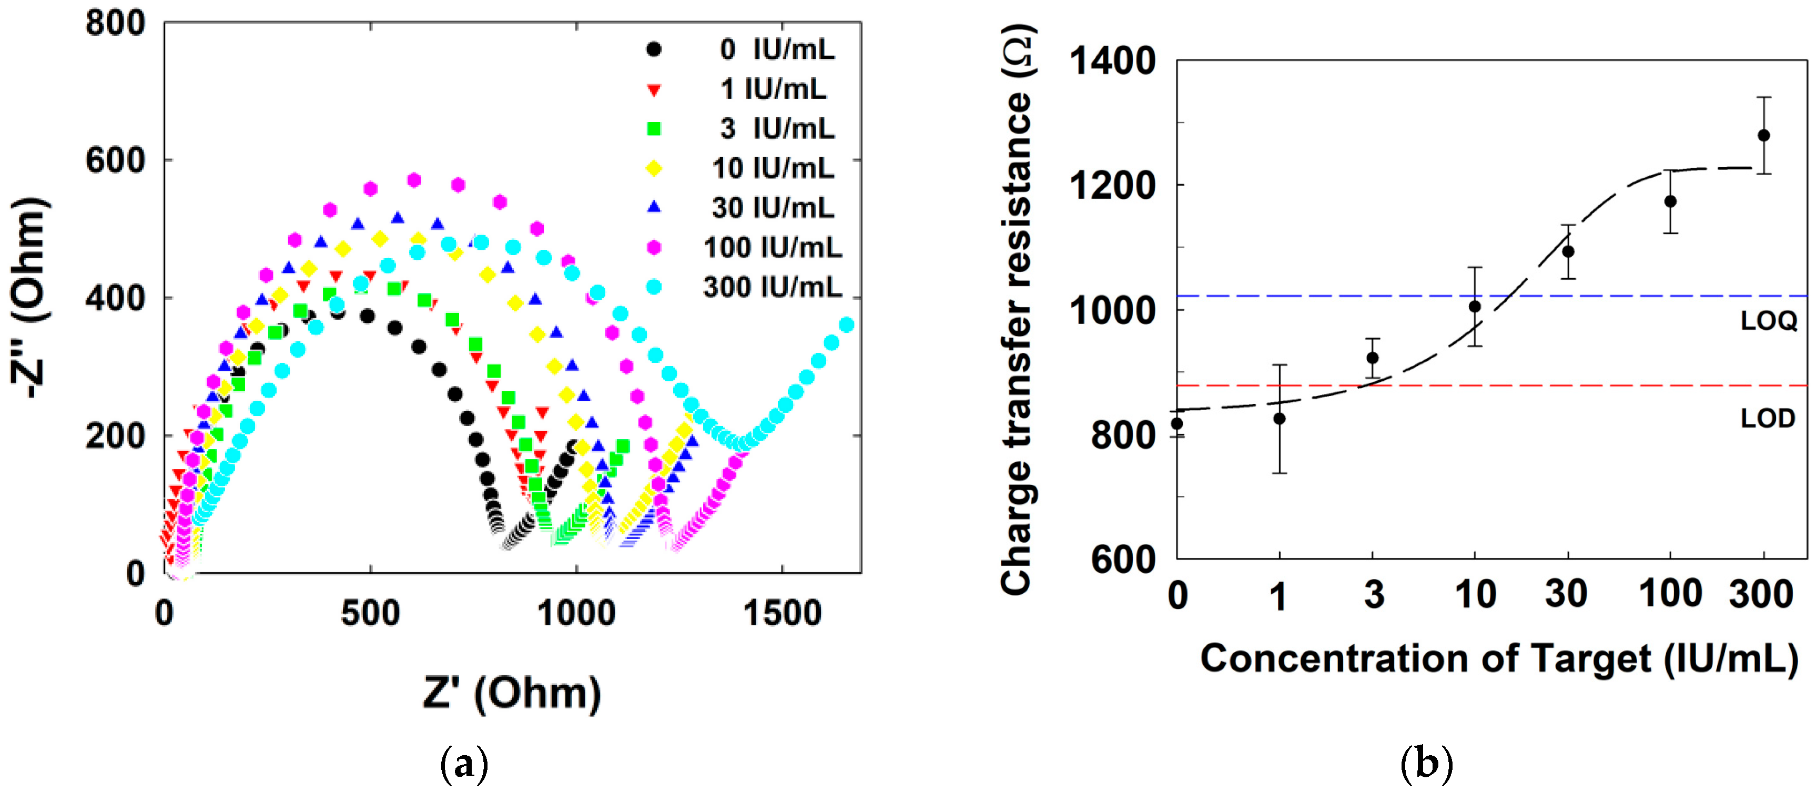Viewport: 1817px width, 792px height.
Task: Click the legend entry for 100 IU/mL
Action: (x=773, y=248)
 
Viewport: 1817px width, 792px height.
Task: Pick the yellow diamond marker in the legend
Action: (x=654, y=168)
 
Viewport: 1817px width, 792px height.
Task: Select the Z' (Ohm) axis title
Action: (x=512, y=693)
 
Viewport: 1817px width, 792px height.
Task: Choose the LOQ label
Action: (x=1768, y=321)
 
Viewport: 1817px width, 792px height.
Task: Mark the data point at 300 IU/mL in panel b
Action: (x=1763, y=135)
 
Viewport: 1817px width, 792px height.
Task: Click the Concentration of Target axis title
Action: (x=1499, y=659)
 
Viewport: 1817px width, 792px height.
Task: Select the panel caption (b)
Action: (x=1426, y=764)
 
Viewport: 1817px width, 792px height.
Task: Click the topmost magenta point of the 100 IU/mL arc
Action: (x=414, y=180)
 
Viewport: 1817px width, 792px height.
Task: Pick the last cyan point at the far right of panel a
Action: (x=846, y=324)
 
